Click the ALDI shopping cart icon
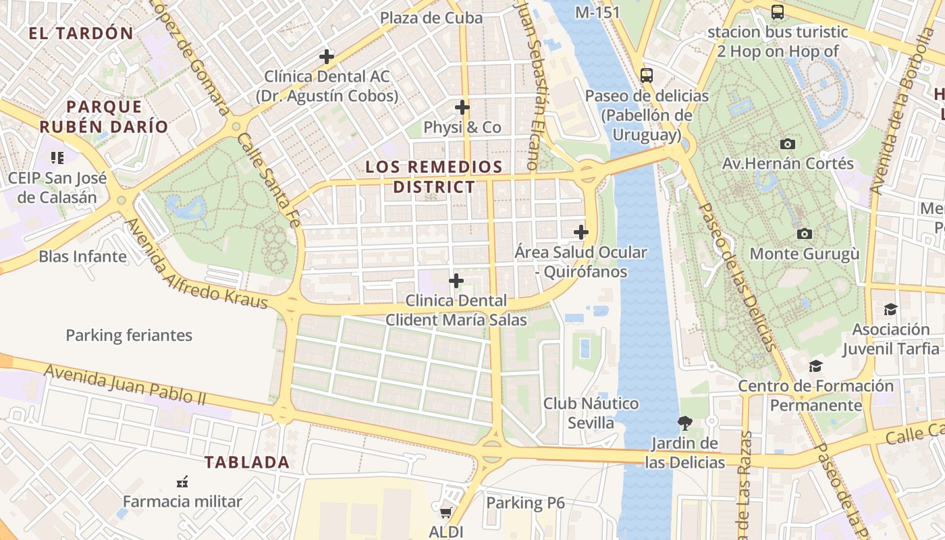pyautogui.click(x=446, y=512)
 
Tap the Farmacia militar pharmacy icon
pyautogui.click(x=182, y=482)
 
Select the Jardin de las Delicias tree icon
pyautogui.click(x=685, y=423)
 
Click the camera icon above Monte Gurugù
pyautogui.click(x=805, y=234)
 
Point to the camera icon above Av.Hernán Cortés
pyautogui.click(x=787, y=144)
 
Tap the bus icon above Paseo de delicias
pyautogui.click(x=647, y=75)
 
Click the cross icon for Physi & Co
pyautogui.click(x=462, y=107)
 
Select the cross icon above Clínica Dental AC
pyautogui.click(x=327, y=57)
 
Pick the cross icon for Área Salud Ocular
pyautogui.click(x=580, y=232)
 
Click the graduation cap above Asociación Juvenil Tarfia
pyautogui.click(x=890, y=309)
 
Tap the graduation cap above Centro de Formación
pyautogui.click(x=815, y=366)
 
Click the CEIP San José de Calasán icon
pyautogui.click(x=57, y=158)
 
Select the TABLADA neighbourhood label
pyautogui.click(x=247, y=462)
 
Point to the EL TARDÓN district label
pyautogui.click(x=81, y=33)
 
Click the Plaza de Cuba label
pyautogui.click(x=431, y=18)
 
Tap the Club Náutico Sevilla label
pyautogui.click(x=591, y=413)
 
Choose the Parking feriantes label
pyautogui.click(x=129, y=335)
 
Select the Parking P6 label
pyautogui.click(x=525, y=503)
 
